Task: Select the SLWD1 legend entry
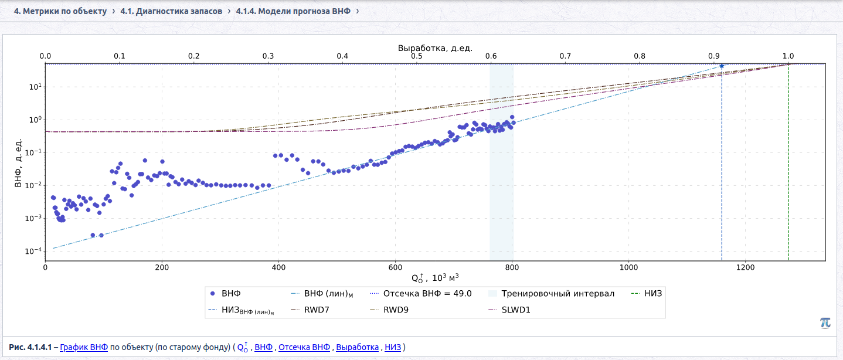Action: (x=509, y=310)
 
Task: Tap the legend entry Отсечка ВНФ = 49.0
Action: (x=421, y=294)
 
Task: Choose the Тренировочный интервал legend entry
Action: (x=551, y=294)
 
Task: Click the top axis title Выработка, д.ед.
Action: (x=435, y=48)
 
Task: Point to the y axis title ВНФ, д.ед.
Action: (x=18, y=162)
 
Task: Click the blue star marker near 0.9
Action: (x=722, y=66)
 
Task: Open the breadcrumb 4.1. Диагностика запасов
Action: (x=171, y=11)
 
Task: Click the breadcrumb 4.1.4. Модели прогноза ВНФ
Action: (x=293, y=11)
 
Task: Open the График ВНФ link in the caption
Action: (x=84, y=347)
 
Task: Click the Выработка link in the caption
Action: (x=357, y=347)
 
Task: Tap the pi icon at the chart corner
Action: (x=825, y=322)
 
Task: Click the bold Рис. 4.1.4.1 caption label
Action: (x=30, y=347)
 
